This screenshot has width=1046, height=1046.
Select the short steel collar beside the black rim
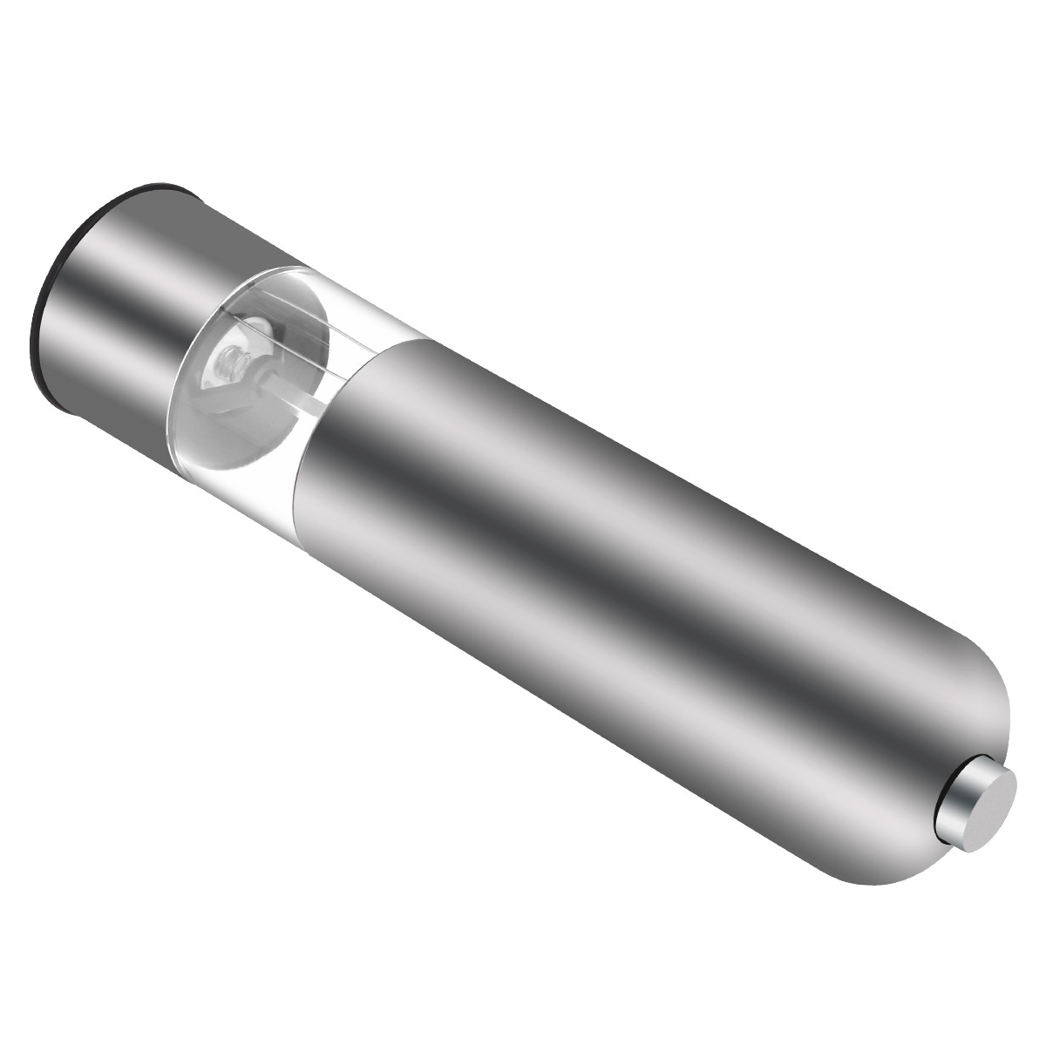[x=122, y=288]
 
